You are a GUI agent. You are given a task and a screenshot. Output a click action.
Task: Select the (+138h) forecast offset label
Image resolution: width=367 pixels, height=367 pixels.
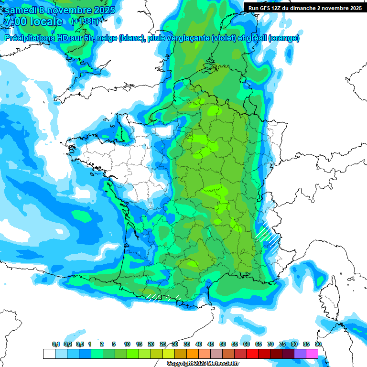click(x=86, y=22)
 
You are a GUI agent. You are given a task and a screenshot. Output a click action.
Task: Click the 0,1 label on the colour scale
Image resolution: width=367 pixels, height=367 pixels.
click(x=55, y=344)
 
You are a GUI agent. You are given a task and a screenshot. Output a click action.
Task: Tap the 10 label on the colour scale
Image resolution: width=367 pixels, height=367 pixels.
click(x=127, y=344)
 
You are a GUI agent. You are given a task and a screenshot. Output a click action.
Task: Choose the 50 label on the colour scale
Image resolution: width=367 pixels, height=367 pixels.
click(x=223, y=344)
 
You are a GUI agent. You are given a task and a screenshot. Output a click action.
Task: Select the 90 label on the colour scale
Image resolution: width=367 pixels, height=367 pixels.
click(x=318, y=344)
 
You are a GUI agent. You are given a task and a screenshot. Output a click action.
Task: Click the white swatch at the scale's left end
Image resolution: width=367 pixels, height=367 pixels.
click(x=49, y=354)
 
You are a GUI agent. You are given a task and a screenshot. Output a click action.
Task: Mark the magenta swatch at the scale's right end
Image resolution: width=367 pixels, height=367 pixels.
click(x=312, y=354)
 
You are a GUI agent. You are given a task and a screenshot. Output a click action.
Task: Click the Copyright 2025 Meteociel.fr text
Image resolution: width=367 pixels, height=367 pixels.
click(x=203, y=364)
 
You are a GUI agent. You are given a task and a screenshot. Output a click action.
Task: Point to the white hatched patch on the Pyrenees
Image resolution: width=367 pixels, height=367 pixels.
click(x=155, y=297)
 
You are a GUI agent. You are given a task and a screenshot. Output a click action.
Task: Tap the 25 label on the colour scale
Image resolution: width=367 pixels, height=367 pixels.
click(x=163, y=344)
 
